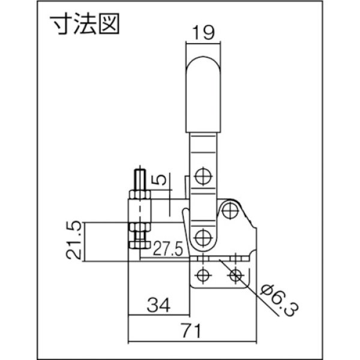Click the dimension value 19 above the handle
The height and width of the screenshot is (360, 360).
203,34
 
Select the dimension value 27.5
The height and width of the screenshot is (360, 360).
166,248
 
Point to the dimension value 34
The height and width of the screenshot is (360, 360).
158,306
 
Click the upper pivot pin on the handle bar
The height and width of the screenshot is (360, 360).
203,176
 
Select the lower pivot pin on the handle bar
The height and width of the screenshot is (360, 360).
203,235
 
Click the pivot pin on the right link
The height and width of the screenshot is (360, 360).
229,211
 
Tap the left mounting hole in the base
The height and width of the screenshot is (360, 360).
203,275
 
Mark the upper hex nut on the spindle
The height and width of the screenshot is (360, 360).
139,197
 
